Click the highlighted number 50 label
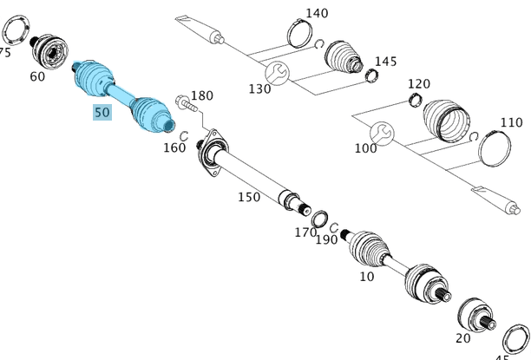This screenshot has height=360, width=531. click(x=102, y=112)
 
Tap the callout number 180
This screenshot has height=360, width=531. click(x=201, y=95)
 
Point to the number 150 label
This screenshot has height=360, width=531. click(x=249, y=197)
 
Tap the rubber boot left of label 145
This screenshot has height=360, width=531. click(x=344, y=58)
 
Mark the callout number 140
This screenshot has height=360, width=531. click(x=318, y=13)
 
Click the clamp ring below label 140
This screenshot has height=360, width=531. click(x=298, y=36)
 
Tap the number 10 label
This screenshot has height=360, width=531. click(x=367, y=276)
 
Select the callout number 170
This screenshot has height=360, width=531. click(x=305, y=232)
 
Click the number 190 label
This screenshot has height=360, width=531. click(x=326, y=239)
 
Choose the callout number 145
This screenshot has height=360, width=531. click(x=385, y=62)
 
